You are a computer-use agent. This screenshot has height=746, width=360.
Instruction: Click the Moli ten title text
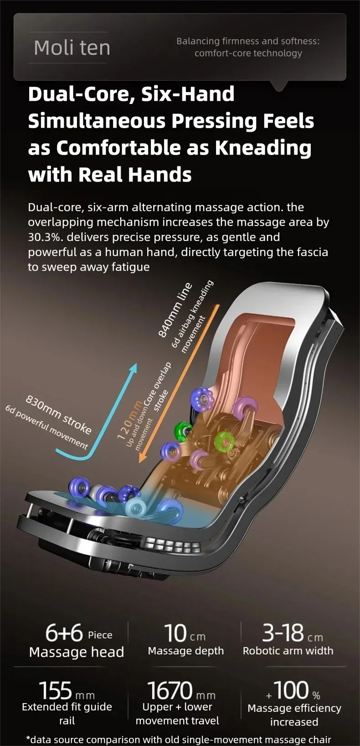(72, 48)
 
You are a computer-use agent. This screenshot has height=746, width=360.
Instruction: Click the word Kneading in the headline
(263, 148)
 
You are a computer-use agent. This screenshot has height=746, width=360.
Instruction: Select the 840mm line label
(175, 310)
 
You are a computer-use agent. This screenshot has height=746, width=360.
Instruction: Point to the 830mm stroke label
(59, 414)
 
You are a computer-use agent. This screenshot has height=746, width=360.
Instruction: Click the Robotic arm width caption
(288, 651)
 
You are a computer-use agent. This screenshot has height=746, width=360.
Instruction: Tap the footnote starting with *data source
(179, 739)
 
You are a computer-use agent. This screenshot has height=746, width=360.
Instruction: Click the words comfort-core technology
(248, 53)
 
